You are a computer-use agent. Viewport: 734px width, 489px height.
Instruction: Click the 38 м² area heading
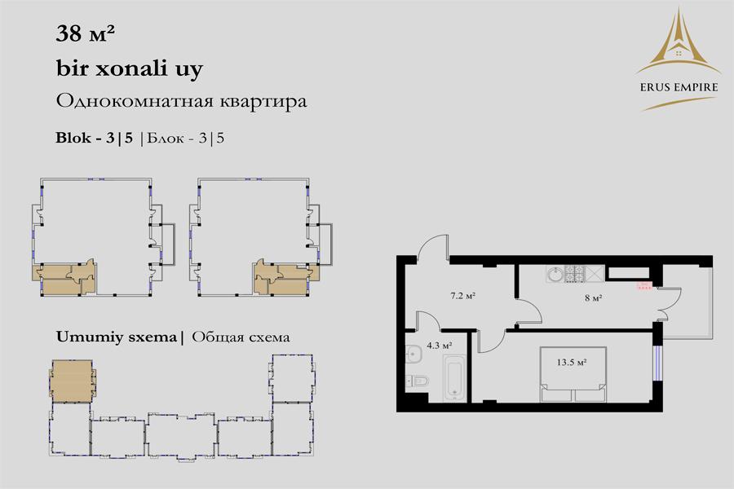point(85,33)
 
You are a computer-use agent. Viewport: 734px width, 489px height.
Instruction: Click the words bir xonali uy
point(129,68)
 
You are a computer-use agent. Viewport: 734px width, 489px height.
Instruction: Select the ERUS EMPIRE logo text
point(679,87)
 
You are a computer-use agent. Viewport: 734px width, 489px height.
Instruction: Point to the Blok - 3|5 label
point(95,138)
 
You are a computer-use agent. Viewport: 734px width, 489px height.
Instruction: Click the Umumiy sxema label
point(117,337)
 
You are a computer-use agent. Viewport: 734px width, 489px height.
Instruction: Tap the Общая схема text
point(241,337)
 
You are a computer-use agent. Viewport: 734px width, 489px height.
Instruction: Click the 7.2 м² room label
point(463,296)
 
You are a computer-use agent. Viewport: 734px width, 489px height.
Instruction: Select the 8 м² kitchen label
point(593,297)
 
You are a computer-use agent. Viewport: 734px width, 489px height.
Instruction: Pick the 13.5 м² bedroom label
point(572,362)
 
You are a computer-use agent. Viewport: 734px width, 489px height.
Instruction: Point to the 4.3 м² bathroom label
point(439,346)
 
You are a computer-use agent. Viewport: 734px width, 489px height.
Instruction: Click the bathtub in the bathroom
point(455,377)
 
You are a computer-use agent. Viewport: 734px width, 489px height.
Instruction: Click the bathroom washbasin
point(413,355)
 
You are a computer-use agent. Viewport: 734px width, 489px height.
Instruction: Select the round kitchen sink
point(555,274)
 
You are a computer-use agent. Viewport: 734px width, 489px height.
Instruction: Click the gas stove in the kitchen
point(575,274)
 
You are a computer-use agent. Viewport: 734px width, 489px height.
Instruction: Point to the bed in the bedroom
point(573,374)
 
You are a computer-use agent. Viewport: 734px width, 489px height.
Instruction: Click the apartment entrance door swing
point(434,246)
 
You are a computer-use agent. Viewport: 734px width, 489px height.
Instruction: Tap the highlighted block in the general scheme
point(72,381)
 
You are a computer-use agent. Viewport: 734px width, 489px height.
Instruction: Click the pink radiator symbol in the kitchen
point(643,285)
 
